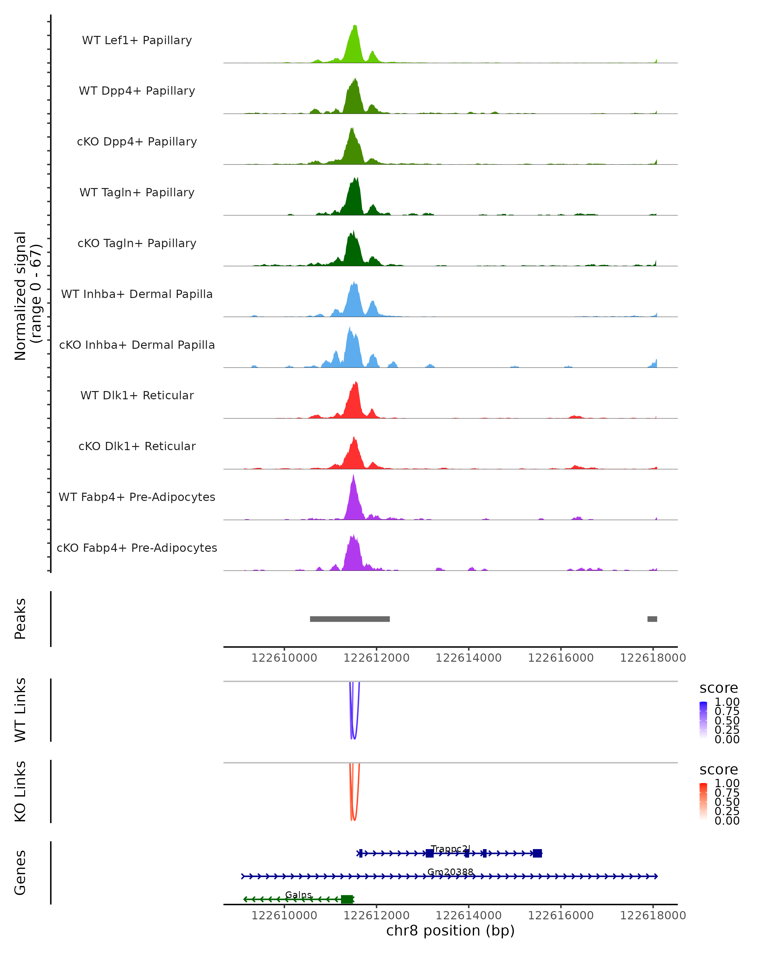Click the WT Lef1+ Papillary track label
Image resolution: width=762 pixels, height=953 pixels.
[137, 40]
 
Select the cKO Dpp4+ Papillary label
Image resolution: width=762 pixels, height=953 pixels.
[137, 141]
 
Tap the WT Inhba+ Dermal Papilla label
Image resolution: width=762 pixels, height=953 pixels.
[137, 294]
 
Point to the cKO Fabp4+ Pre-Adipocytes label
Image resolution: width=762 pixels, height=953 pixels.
[137, 548]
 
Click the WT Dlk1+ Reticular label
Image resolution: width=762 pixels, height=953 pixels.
[137, 395]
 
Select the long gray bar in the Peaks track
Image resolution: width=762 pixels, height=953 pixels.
[350, 619]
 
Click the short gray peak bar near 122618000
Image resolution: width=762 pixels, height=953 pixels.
[652, 619]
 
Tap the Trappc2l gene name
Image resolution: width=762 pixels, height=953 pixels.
[451, 849]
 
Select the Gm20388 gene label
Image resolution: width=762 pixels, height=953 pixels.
[450, 872]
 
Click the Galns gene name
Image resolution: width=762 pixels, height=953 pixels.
[299, 895]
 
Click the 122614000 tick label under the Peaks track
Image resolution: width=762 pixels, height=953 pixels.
[469, 658]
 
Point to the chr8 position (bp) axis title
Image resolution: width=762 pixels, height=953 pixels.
[450, 930]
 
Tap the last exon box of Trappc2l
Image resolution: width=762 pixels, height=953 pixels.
[537, 853]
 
